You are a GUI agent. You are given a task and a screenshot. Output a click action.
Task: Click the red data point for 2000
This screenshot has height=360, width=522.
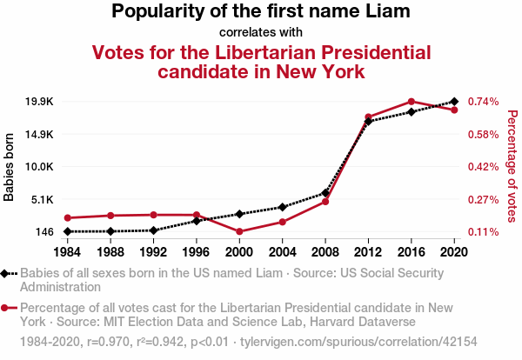(x=239, y=231)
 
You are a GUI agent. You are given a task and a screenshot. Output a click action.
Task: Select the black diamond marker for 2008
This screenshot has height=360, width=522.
(x=325, y=192)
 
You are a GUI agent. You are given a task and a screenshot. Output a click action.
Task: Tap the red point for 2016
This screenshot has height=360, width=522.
(x=412, y=102)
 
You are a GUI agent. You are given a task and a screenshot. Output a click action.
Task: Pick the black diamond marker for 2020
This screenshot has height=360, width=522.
(x=455, y=102)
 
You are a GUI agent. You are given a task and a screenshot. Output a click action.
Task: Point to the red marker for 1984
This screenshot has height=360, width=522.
(x=67, y=217)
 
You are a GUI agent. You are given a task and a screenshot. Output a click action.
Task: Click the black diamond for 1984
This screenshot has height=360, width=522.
(x=67, y=231)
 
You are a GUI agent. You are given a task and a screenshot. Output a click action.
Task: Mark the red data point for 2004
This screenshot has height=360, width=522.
(x=283, y=222)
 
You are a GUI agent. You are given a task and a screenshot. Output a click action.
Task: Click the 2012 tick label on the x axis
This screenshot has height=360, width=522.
(x=369, y=252)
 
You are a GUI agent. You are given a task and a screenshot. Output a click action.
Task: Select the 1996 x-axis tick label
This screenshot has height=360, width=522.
(x=197, y=252)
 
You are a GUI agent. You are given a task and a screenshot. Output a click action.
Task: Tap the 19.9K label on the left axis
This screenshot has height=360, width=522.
(x=39, y=102)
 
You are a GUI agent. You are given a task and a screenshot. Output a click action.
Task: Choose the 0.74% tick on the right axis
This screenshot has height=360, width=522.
(x=483, y=102)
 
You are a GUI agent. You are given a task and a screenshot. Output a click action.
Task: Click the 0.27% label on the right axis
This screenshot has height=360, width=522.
(x=483, y=199)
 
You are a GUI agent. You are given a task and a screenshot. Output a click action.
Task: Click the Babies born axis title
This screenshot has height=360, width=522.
(x=10, y=167)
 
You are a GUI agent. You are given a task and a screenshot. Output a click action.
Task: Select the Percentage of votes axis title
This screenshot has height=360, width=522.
(x=512, y=167)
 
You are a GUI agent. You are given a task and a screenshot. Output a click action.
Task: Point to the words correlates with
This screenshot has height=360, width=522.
(x=261, y=32)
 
